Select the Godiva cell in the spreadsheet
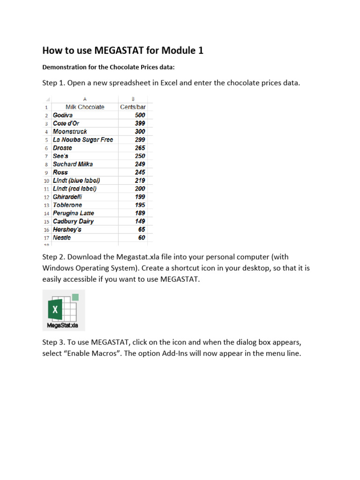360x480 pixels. tap(63, 115)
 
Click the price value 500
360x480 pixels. tap(140, 115)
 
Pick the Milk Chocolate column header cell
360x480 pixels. tap(85, 107)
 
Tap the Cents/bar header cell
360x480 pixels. tap(133, 107)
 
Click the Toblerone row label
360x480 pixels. tap(67, 205)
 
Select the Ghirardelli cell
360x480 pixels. tap(67, 197)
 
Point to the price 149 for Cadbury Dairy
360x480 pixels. tap(140, 221)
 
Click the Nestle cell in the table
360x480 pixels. tap(62, 238)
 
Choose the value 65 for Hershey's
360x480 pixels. tap(142, 229)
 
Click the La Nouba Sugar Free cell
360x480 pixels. tap(83, 140)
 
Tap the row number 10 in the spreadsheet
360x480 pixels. tap(46, 180)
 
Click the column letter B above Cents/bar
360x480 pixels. tap(133, 99)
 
